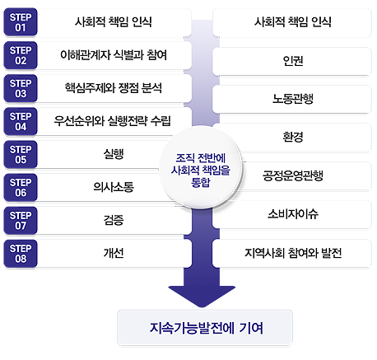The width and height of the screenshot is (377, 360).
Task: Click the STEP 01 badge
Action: (x=21, y=22)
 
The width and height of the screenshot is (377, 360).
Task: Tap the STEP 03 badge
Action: (x=21, y=88)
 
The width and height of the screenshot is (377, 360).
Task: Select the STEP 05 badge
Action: (x=21, y=155)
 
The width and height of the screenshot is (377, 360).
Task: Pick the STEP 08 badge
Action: (x=21, y=254)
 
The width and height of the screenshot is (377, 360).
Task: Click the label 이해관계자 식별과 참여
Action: (x=114, y=55)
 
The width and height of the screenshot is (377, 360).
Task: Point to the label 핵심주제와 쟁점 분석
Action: (x=114, y=88)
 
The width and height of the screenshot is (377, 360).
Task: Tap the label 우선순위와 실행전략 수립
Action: (x=113, y=121)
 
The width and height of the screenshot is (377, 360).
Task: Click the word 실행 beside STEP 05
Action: (x=114, y=154)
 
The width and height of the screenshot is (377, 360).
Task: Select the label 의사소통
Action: (x=114, y=187)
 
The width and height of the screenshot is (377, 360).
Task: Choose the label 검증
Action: (x=114, y=220)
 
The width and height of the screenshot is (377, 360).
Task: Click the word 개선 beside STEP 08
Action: (x=114, y=253)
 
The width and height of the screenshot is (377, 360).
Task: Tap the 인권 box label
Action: (x=293, y=61)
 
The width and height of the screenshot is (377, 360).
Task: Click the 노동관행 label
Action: (x=293, y=99)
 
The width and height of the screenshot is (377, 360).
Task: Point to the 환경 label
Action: (x=293, y=137)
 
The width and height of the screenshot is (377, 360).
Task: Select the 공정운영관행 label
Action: (x=293, y=175)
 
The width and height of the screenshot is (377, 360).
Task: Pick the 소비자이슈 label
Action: (x=293, y=214)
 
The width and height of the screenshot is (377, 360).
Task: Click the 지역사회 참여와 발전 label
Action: (x=293, y=253)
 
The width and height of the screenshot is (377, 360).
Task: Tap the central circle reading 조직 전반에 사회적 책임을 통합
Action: (x=201, y=168)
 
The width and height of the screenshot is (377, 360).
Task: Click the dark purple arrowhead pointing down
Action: (x=202, y=297)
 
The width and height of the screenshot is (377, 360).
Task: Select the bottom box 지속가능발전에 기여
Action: (x=205, y=328)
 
